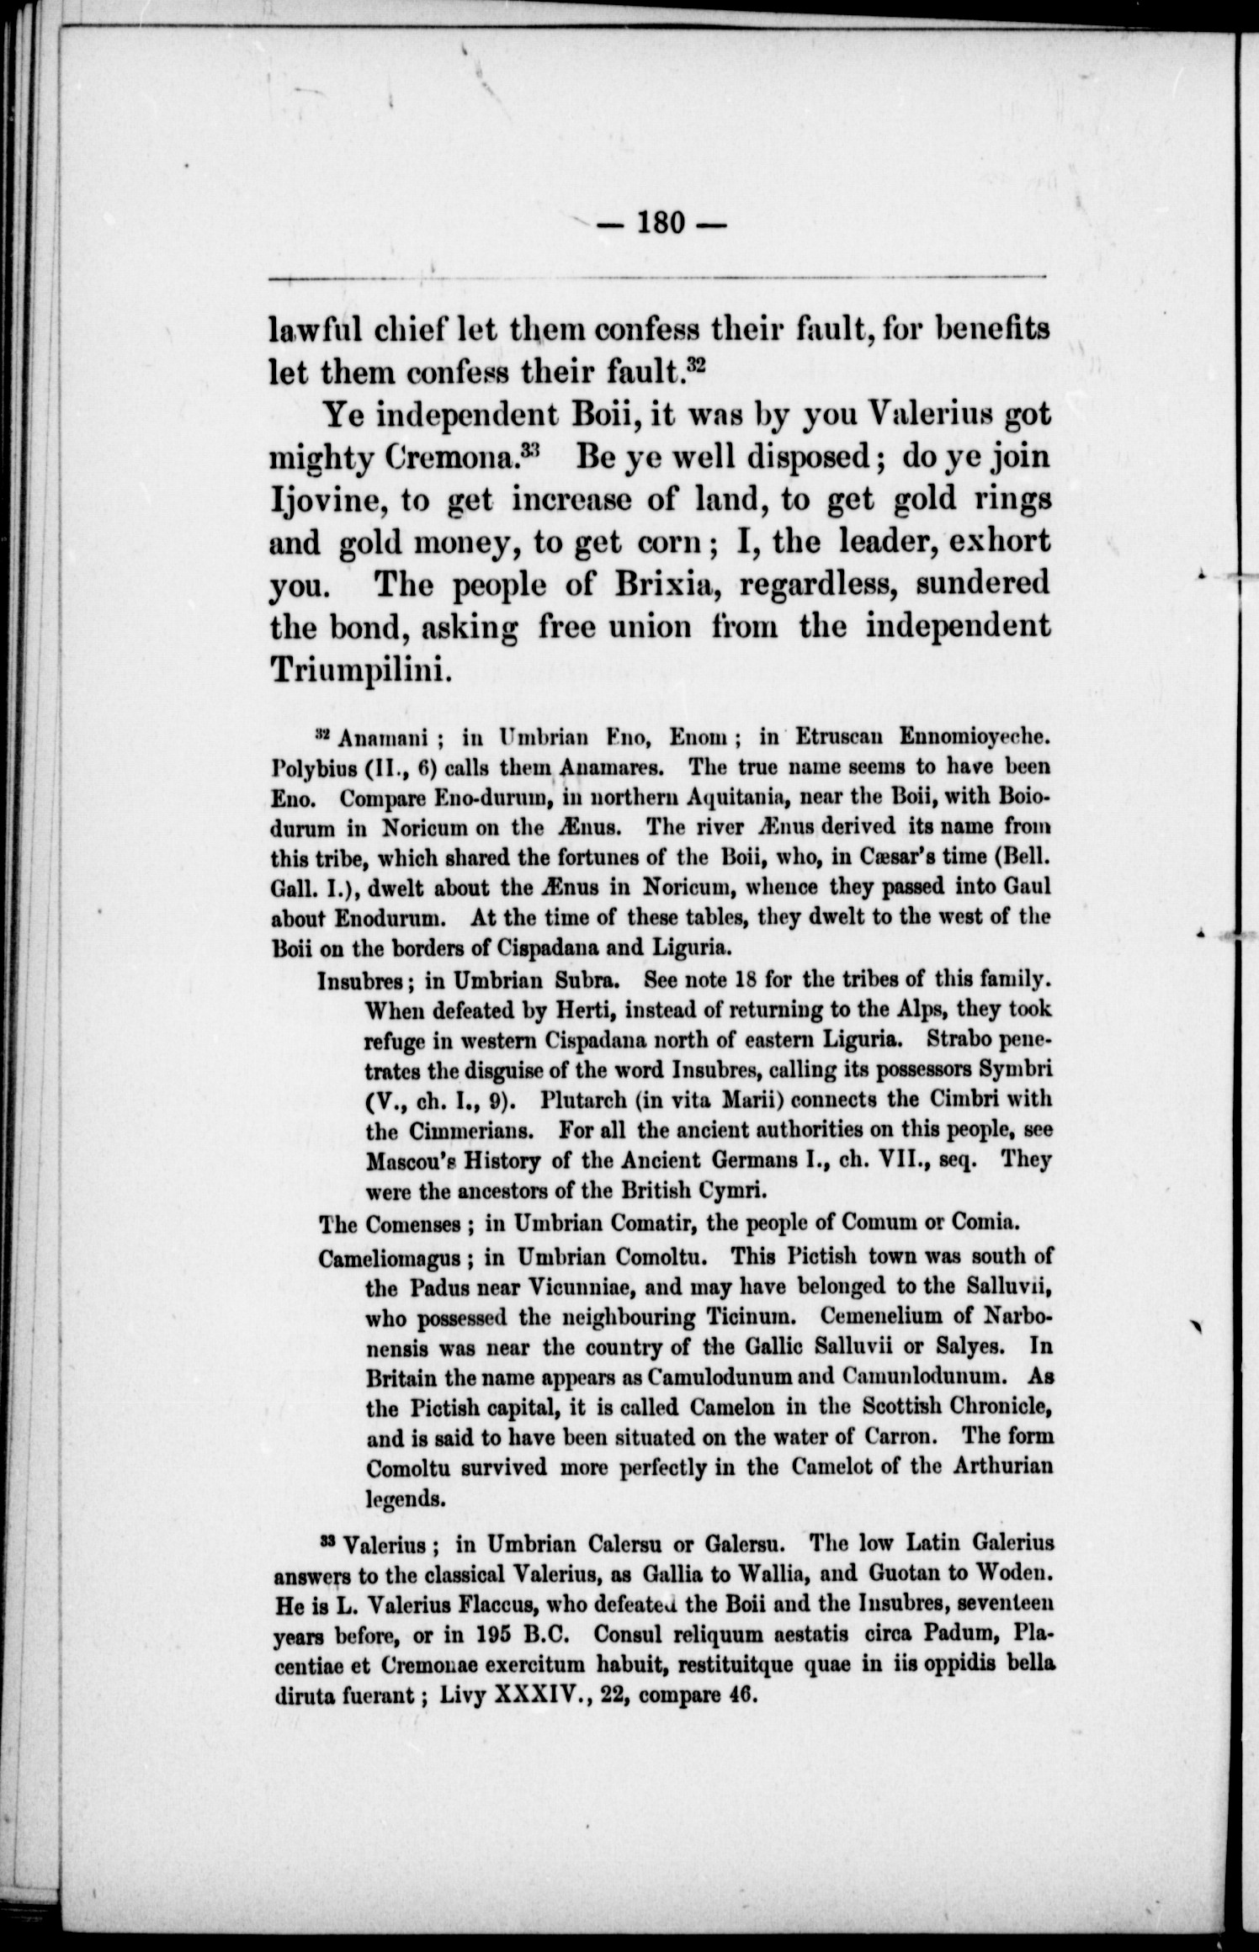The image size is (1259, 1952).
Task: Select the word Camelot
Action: point(845,1467)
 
